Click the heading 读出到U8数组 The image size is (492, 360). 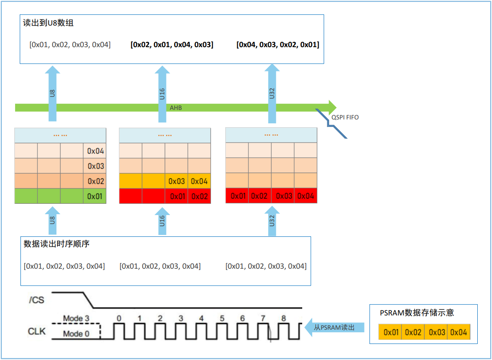48,23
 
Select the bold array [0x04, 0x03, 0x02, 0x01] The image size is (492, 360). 278,45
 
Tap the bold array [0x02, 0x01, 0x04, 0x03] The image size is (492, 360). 172,45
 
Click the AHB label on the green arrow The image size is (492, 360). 176,108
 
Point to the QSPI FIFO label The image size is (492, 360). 345,117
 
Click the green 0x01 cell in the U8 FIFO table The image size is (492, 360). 95,196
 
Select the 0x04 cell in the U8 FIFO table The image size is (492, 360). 95,151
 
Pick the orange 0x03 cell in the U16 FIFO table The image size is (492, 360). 176,181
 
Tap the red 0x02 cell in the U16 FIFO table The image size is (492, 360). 199,196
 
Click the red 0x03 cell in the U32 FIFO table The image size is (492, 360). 283,196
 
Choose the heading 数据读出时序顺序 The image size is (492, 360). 57,244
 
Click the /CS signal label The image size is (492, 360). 37,300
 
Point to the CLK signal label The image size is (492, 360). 37,331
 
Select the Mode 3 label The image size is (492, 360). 76,318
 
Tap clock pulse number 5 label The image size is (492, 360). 222,318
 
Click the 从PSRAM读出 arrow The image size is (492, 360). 335,327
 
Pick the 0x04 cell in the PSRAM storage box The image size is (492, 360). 458,332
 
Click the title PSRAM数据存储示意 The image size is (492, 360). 417,313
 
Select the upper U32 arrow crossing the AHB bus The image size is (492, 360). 272,93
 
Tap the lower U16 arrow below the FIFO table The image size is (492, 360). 162,221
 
